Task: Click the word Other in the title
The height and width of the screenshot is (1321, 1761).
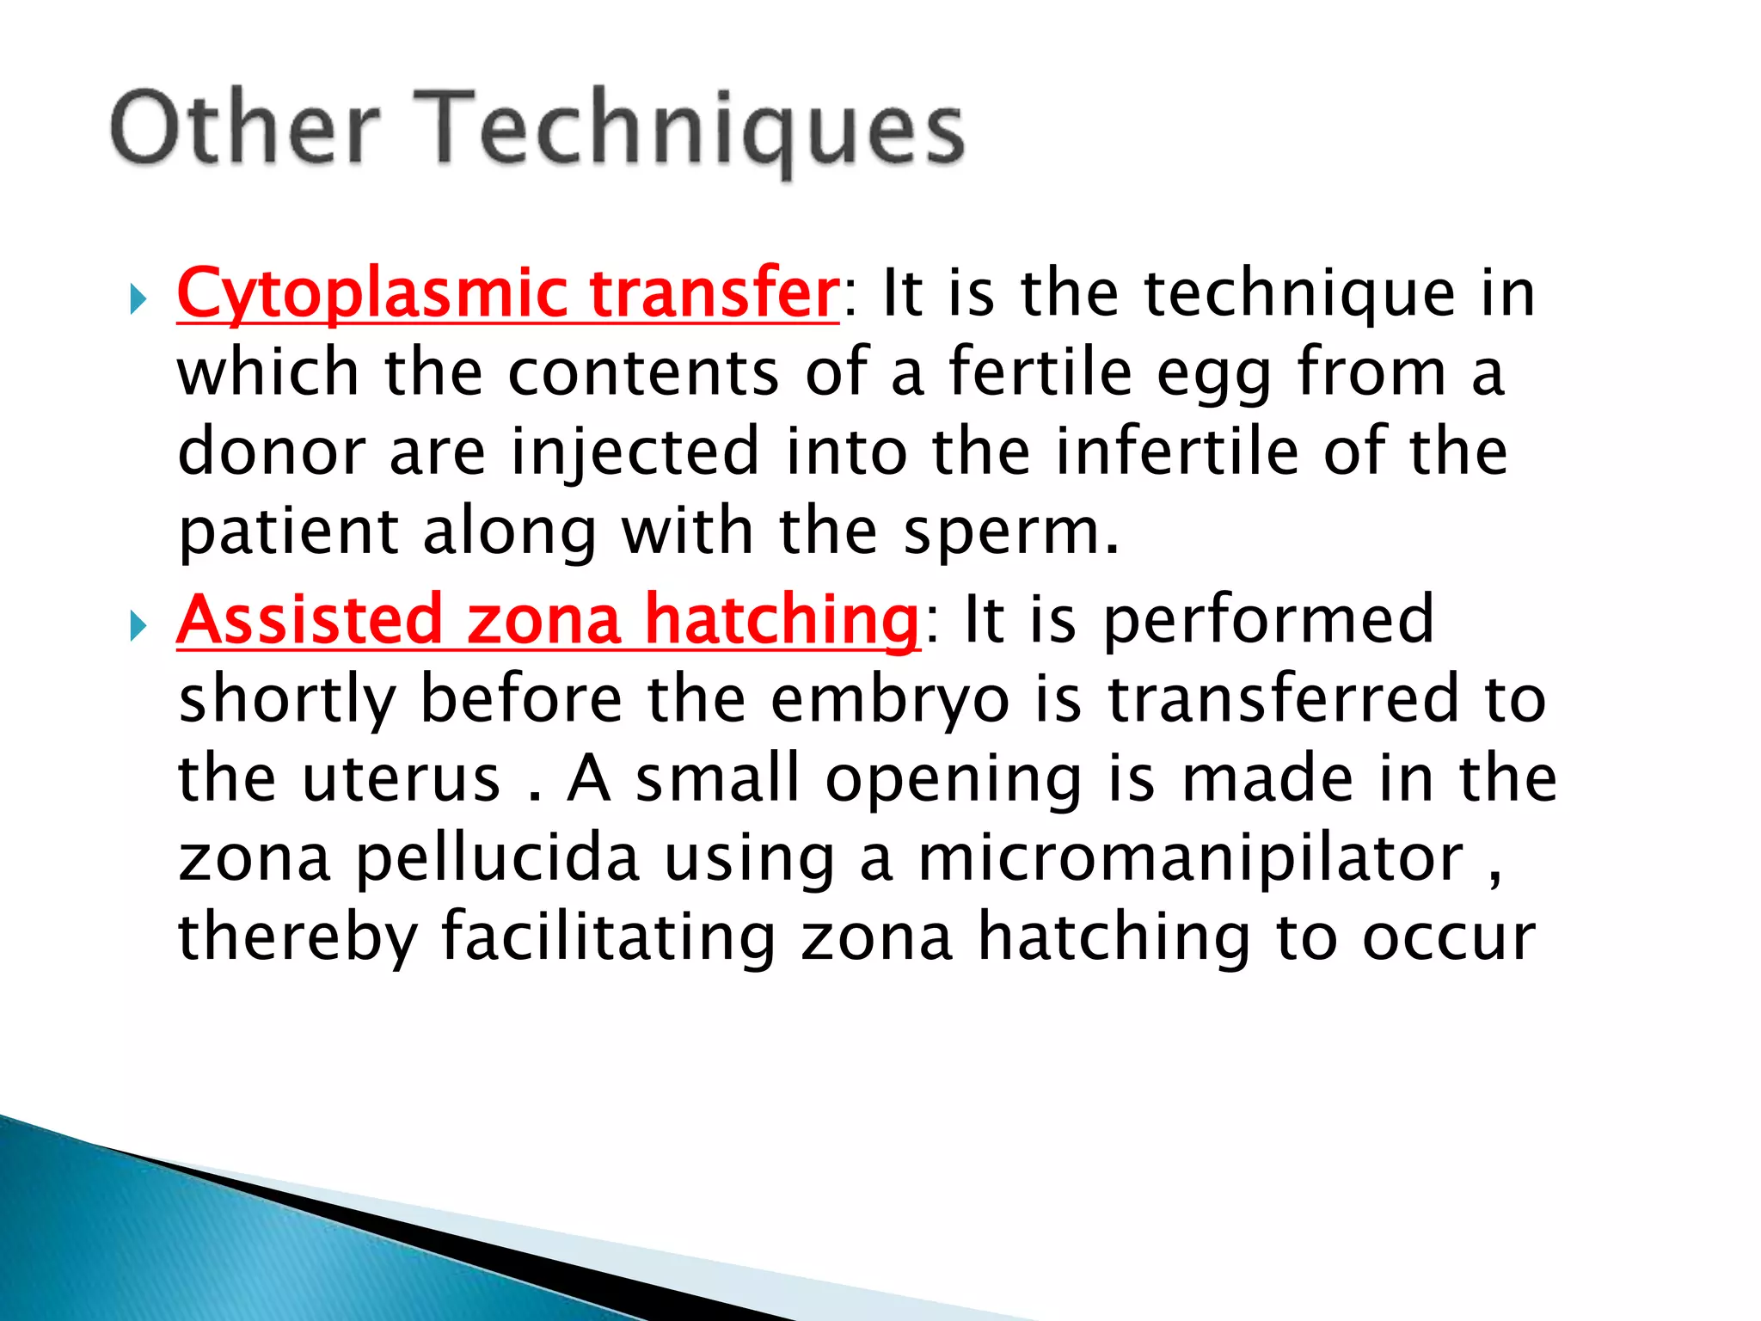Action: pos(245,129)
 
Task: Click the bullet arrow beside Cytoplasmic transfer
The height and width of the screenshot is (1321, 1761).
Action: pos(138,300)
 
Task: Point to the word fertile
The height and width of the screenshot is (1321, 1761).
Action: pos(1040,372)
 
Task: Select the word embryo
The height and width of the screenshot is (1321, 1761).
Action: pos(890,699)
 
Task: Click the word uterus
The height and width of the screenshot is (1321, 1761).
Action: pos(401,779)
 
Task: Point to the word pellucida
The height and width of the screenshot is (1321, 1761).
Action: pos(498,858)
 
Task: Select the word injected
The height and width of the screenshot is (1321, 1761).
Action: pos(635,452)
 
